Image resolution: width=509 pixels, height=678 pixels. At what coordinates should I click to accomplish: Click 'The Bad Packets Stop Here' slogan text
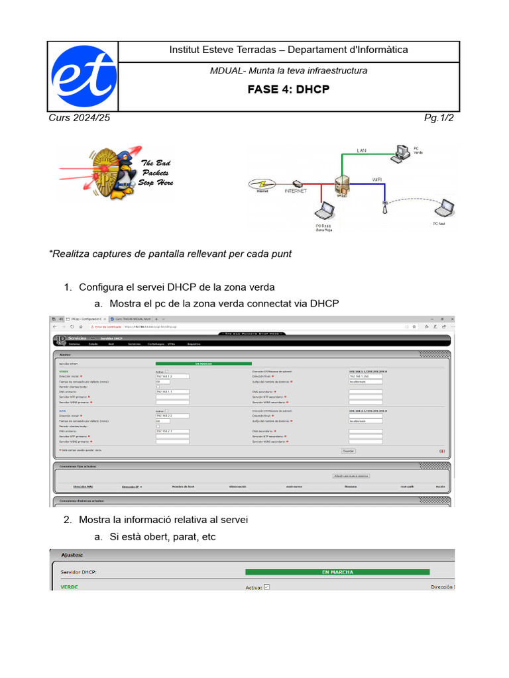click(x=156, y=173)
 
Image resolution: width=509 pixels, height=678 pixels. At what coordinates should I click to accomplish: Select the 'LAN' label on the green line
click(x=361, y=151)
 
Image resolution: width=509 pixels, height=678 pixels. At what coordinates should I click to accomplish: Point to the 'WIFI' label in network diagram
click(x=376, y=179)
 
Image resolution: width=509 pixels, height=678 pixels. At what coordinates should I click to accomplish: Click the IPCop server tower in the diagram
click(x=343, y=185)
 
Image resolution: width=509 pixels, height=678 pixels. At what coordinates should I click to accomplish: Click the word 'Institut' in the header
click(x=186, y=50)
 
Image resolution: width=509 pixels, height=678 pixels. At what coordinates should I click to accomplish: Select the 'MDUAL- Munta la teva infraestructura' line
click(x=288, y=70)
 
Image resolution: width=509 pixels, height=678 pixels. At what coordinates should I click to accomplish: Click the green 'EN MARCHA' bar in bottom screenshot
click(x=337, y=572)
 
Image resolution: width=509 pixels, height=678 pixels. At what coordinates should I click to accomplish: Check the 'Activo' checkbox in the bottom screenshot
click(x=266, y=587)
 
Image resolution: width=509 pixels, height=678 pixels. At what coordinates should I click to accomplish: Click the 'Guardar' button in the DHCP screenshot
click(x=348, y=451)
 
